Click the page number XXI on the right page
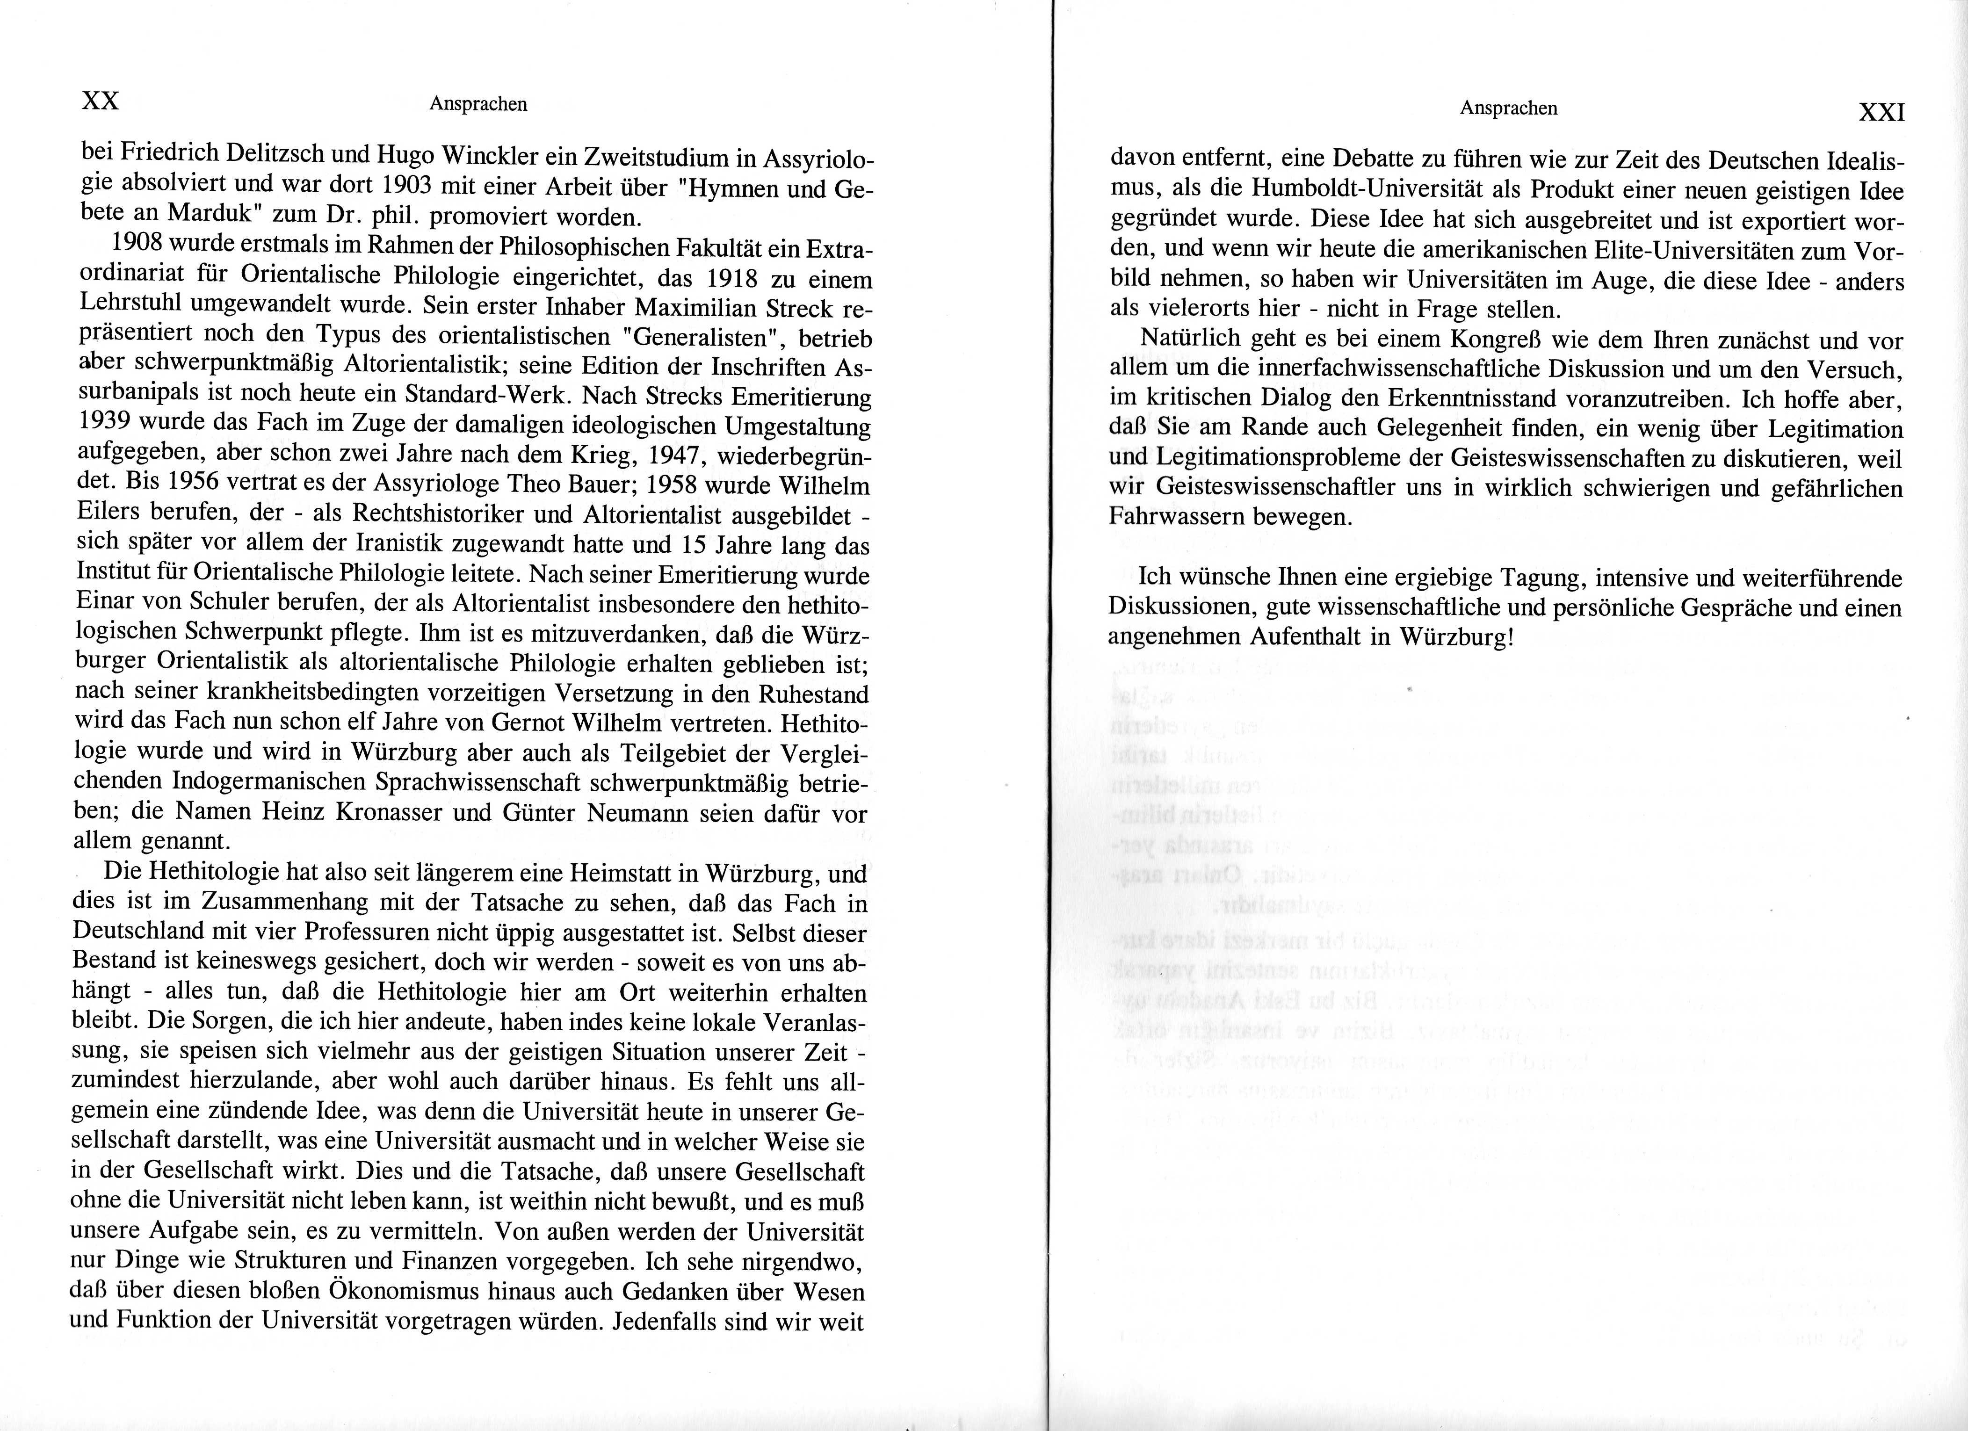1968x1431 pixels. [1881, 113]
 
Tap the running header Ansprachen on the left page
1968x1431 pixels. [478, 104]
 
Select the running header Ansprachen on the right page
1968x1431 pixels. [1508, 108]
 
